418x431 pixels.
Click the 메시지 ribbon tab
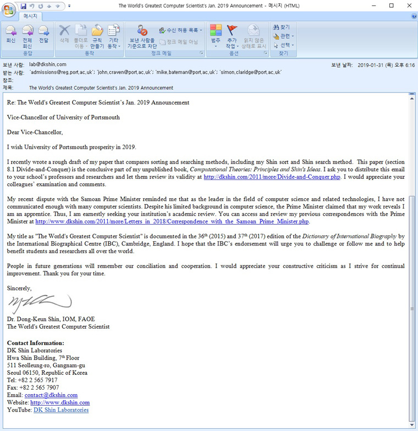[x=30, y=16]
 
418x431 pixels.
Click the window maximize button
[x=391, y=6]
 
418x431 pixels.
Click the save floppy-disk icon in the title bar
[x=23, y=6]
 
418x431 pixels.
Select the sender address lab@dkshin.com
[x=48, y=64]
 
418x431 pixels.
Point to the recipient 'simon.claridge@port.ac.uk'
[x=251, y=72]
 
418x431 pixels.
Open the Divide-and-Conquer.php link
[x=272, y=177]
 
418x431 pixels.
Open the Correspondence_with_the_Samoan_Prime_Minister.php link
[x=172, y=221]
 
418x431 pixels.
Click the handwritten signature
[x=38, y=302]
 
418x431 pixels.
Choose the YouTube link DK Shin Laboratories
[x=61, y=410]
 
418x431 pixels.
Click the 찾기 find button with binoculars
[x=282, y=27]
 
